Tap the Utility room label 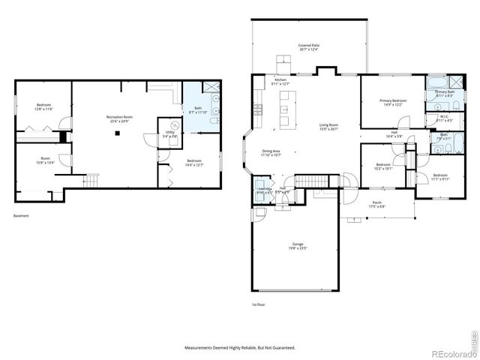[170, 134]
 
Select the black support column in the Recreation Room [118, 134]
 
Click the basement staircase [91, 181]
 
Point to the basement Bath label [198, 110]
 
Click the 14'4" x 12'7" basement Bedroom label [193, 163]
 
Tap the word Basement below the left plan [22, 217]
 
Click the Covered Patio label [310, 46]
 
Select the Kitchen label [280, 82]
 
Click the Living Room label [329, 127]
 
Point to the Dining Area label [271, 153]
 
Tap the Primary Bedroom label [393, 103]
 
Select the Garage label [298, 247]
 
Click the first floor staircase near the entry [308, 181]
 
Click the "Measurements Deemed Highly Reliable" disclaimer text [240, 348]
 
